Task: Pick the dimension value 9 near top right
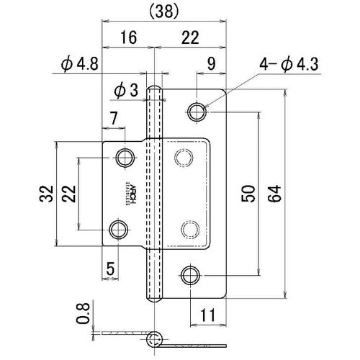tap(210, 64)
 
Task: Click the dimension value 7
tap(114, 117)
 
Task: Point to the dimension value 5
tap(110, 269)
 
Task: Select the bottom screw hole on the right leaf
tap(190, 274)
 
